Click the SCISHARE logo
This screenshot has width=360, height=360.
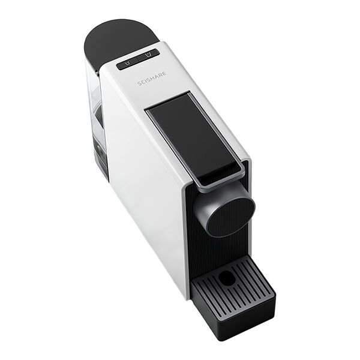tap(152, 79)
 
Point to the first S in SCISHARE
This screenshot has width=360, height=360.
tap(139, 83)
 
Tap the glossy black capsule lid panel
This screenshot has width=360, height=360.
tap(193, 136)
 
